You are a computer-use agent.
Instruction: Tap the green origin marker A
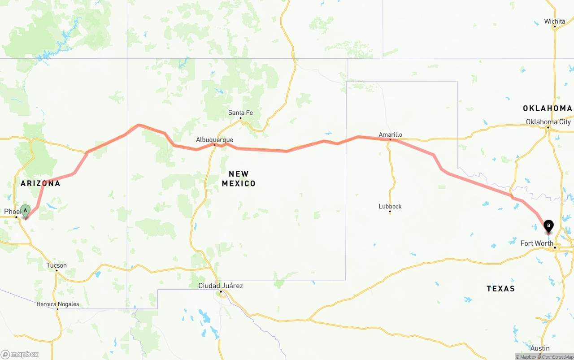tap(26, 211)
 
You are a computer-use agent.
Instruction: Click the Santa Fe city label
tap(240, 113)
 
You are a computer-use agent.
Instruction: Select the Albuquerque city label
tap(214, 140)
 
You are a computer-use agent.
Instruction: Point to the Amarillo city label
tap(390, 134)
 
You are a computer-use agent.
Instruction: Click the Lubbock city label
tap(390, 206)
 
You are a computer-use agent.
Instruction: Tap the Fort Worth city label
tap(537, 243)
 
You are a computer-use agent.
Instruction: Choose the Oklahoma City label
tap(548, 122)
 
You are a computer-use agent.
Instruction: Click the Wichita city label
tap(555, 22)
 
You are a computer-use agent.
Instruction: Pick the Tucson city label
tap(57, 265)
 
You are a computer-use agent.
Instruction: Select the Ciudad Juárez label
tap(221, 286)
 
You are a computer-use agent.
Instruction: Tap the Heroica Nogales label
tap(58, 304)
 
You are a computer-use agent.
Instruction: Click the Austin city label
tap(540, 348)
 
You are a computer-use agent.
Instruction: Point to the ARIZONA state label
tap(40, 183)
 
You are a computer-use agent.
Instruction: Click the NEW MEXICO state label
tap(239, 178)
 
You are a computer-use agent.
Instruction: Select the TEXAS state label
tap(500, 288)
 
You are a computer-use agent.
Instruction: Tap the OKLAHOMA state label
tap(548, 108)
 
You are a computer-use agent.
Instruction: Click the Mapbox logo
tap(20, 354)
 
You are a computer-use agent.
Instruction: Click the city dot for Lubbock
tap(390, 212)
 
